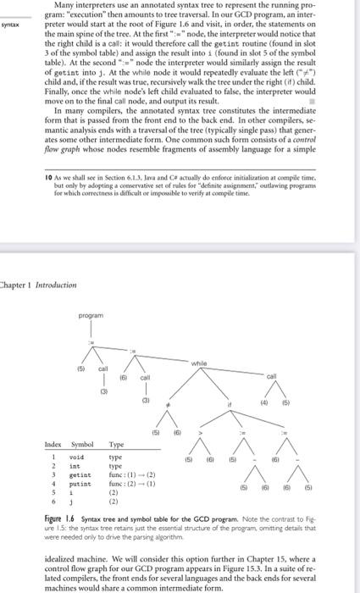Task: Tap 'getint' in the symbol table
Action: (x=80, y=476)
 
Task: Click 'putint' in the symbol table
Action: (x=80, y=485)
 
